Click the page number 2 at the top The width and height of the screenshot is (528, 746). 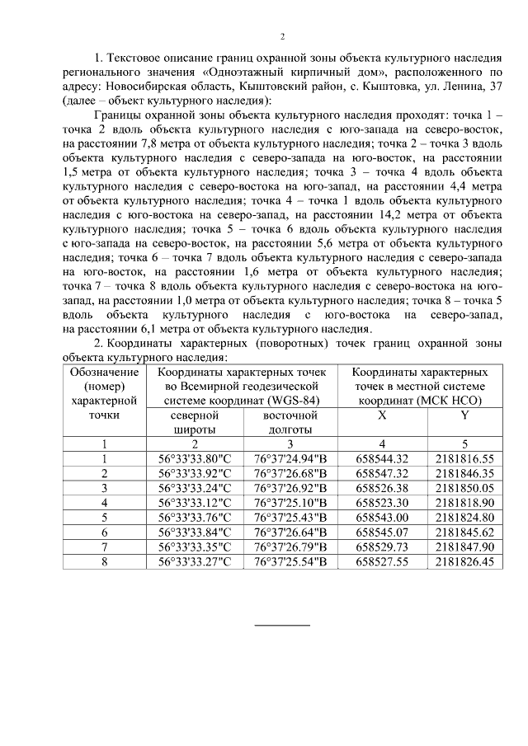(x=281, y=37)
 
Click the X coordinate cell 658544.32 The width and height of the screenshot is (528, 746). (x=381, y=458)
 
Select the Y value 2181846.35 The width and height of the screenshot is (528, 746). (x=464, y=473)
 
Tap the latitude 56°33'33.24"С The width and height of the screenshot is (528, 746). (x=195, y=488)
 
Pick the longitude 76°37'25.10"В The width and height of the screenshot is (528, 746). (x=290, y=503)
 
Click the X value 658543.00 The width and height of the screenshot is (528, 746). (x=381, y=518)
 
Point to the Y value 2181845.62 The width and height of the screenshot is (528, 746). (x=464, y=533)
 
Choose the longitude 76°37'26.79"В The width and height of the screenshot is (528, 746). (x=290, y=547)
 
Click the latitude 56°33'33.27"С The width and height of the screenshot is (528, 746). (x=195, y=562)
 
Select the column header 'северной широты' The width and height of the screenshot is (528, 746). (x=195, y=422)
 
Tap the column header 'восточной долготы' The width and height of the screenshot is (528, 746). (x=290, y=422)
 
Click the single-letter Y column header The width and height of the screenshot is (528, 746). (x=464, y=415)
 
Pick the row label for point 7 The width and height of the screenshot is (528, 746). (x=104, y=547)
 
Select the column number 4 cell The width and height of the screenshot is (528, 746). (x=381, y=444)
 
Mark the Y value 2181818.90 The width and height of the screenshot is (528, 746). (x=464, y=503)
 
